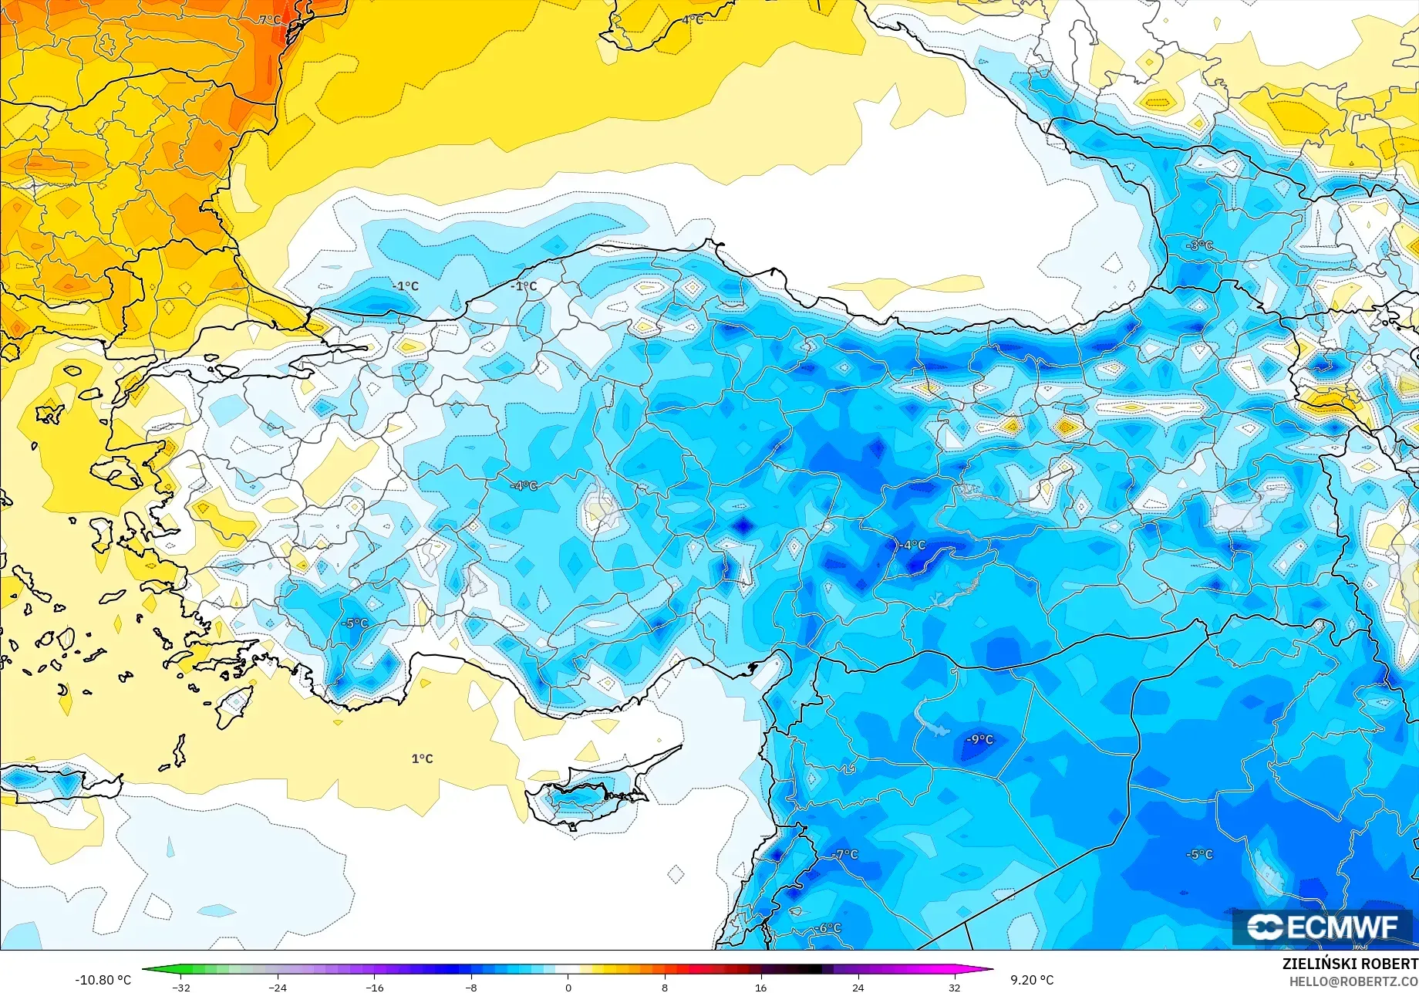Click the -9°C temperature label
pyautogui.click(x=980, y=739)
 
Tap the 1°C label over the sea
pyautogui.click(x=422, y=758)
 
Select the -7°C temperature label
pyautogui.click(x=846, y=854)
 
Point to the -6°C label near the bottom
pyautogui.click(x=829, y=927)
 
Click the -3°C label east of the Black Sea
pyautogui.click(x=1200, y=245)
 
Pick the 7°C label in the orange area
pyautogui.click(x=270, y=20)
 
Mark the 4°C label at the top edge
pyautogui.click(x=693, y=19)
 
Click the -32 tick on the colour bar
pyautogui.click(x=181, y=987)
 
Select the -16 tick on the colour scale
pyautogui.click(x=375, y=987)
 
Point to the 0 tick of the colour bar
pyautogui.click(x=568, y=987)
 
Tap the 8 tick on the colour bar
pyautogui.click(x=665, y=987)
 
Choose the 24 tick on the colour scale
pyautogui.click(x=858, y=987)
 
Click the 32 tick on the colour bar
pyautogui.click(x=954, y=987)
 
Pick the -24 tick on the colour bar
pyautogui.click(x=278, y=987)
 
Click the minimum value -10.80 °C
pyautogui.click(x=103, y=980)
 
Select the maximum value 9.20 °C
pyautogui.click(x=1032, y=980)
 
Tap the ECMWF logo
pyautogui.click(x=1322, y=927)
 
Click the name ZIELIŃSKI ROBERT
pyautogui.click(x=1350, y=964)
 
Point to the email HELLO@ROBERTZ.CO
pyautogui.click(x=1353, y=981)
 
